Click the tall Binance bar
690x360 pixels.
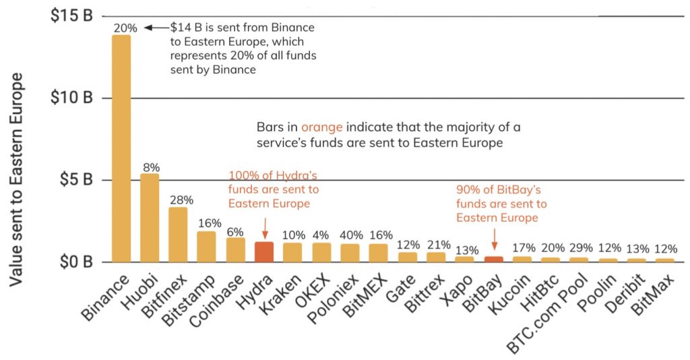coord(121,148)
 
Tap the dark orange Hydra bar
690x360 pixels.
coord(264,251)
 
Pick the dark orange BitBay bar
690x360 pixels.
coord(494,259)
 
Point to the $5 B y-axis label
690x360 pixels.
coord(72,180)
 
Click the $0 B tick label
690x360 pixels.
coord(72,262)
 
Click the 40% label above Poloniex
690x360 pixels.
coord(350,236)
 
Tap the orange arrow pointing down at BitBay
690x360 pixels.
coord(495,238)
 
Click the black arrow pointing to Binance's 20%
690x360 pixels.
coord(156,28)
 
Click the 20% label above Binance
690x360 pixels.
coord(125,28)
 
